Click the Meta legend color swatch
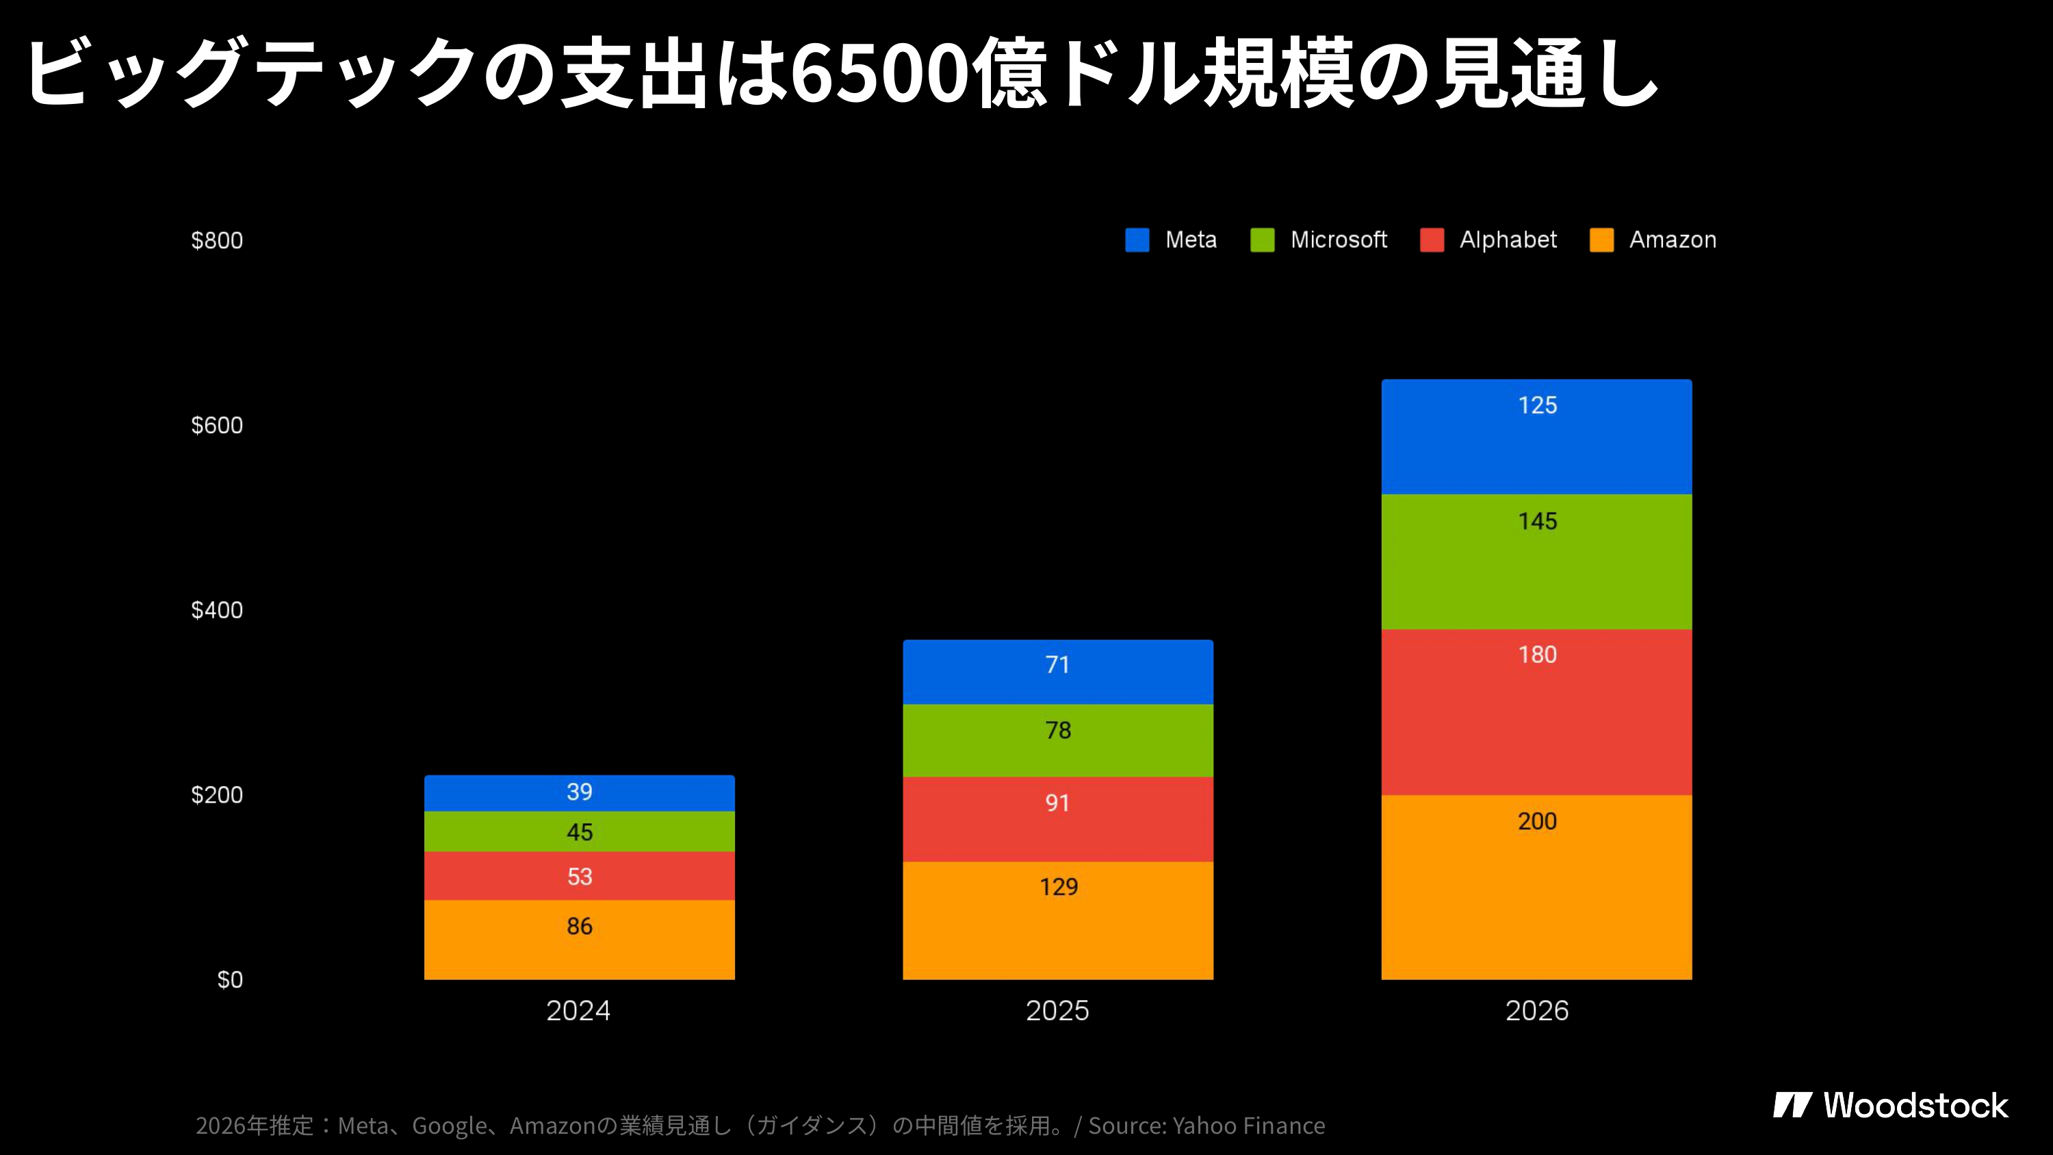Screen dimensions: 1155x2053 [x=1137, y=240]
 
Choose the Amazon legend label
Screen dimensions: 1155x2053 [x=1672, y=240]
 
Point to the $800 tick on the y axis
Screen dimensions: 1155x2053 [x=217, y=241]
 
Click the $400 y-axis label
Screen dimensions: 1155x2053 [x=217, y=610]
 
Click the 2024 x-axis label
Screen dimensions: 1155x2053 [x=578, y=1011]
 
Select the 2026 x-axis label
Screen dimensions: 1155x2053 [x=1536, y=1011]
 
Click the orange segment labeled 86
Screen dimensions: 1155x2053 [x=580, y=941]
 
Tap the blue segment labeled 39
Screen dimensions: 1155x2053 [x=580, y=792]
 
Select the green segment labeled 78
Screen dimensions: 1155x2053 [x=1057, y=740]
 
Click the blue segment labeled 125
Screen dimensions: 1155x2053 [x=1536, y=437]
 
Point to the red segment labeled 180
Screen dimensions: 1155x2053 [x=1536, y=712]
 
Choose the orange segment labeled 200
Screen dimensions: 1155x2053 [x=1536, y=886]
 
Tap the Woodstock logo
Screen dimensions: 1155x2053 [x=1890, y=1106]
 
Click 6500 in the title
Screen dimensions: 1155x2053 [x=879, y=74]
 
